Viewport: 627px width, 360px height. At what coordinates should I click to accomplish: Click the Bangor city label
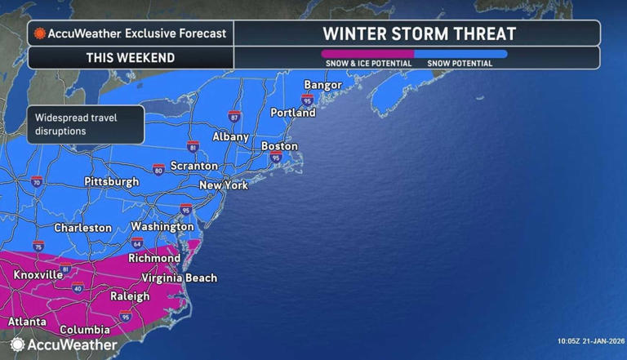click(322, 85)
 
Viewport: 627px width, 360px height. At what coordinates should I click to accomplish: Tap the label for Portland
click(292, 113)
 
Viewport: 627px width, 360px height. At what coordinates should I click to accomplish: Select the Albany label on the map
click(230, 137)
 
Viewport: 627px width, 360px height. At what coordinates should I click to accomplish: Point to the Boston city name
click(279, 146)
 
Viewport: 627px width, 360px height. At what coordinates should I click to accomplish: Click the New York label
click(224, 185)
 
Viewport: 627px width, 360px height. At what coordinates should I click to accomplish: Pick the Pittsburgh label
click(112, 181)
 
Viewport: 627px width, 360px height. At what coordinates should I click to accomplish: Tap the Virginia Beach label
click(180, 278)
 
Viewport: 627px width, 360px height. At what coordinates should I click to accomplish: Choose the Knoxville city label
click(38, 275)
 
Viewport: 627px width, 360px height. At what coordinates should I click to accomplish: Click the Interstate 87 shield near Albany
click(234, 117)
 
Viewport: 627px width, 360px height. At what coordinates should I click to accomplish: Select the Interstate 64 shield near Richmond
click(137, 243)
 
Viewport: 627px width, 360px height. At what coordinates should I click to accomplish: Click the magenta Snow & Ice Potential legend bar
click(367, 54)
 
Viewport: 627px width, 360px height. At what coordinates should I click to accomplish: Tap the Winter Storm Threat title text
click(419, 33)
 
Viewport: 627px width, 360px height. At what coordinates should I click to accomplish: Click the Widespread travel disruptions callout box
click(85, 124)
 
